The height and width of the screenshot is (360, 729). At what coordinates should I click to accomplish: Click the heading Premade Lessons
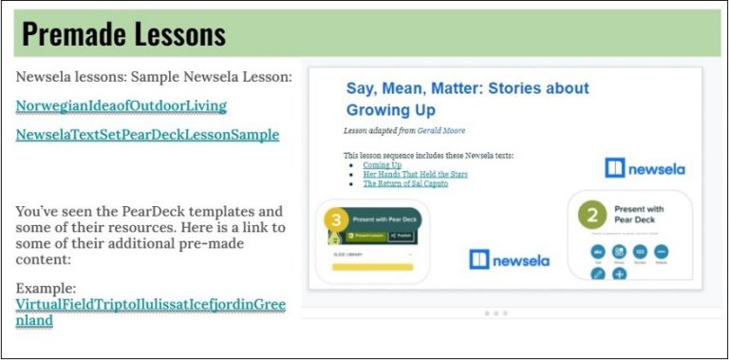124,34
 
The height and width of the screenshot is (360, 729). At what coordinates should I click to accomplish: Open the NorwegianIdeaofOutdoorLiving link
121,105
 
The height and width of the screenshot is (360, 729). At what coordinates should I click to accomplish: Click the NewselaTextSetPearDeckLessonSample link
147,135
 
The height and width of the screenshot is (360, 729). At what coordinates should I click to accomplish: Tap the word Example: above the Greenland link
47,287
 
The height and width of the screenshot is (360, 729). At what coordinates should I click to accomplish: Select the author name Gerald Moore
441,130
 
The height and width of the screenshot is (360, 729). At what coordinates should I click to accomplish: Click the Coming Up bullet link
382,165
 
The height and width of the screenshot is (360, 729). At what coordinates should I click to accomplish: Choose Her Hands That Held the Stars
415,175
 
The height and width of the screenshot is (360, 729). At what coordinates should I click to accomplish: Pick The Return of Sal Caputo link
405,184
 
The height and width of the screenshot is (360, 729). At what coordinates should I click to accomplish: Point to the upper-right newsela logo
645,168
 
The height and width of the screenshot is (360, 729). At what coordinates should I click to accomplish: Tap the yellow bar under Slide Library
371,268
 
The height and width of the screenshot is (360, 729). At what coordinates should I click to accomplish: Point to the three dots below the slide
495,313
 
